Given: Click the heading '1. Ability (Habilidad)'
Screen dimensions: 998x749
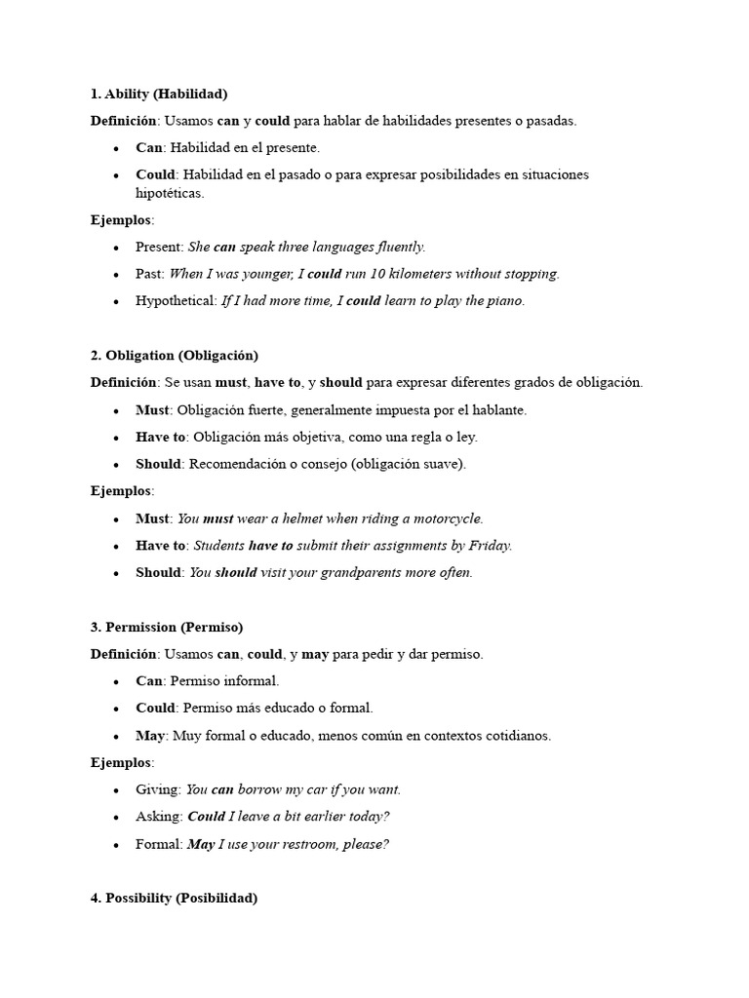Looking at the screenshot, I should [158, 95].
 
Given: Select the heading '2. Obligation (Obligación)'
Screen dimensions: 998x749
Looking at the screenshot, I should [174, 356].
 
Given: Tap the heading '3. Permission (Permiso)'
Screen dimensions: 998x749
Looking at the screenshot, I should [166, 627].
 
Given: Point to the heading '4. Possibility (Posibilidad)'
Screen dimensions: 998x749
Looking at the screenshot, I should [174, 898].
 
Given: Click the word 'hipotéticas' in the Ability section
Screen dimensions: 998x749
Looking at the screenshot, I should [170, 193].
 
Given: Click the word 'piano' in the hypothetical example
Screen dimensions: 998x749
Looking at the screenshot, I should [506, 301].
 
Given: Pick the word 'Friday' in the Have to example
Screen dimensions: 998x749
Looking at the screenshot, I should [490, 546].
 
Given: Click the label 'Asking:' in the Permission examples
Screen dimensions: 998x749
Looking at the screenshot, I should [159, 817].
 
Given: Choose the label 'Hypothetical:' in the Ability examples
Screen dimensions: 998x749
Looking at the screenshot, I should [177, 301].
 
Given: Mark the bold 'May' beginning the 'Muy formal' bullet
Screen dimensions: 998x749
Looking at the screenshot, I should [150, 736].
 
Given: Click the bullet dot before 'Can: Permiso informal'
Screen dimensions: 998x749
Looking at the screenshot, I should [116, 682].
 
